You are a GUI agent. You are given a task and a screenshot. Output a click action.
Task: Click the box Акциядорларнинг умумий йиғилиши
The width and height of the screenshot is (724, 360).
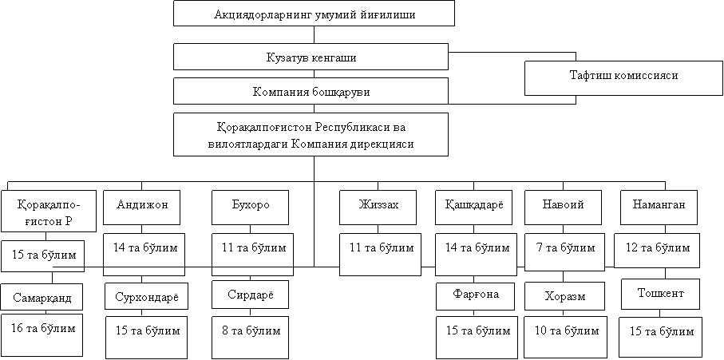pyautogui.click(x=315, y=14)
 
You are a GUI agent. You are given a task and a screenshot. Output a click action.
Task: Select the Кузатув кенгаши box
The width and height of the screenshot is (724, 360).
pyautogui.click(x=311, y=57)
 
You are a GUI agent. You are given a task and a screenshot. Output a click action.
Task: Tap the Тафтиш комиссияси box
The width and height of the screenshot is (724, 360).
pyautogui.click(x=623, y=75)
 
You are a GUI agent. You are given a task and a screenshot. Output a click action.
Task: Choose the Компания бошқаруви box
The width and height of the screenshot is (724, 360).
pyautogui.click(x=311, y=91)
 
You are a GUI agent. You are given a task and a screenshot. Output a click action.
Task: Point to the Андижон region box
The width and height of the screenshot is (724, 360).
pyautogui.click(x=142, y=208)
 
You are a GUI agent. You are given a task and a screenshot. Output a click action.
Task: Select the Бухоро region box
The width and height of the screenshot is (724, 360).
pyautogui.click(x=251, y=208)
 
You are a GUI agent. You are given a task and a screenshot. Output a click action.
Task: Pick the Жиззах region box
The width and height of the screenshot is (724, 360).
pyautogui.click(x=378, y=208)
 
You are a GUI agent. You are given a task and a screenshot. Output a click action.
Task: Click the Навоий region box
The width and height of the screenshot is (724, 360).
pyautogui.click(x=564, y=208)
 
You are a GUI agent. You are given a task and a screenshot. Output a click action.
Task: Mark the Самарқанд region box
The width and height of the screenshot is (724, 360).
pyautogui.click(x=42, y=296)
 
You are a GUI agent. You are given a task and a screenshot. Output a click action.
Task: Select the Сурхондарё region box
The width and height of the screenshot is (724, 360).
pyautogui.click(x=146, y=296)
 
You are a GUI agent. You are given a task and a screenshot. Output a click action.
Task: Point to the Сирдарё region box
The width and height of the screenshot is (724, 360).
pyautogui.click(x=251, y=295)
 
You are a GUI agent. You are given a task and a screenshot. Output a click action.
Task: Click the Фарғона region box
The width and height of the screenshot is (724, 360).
pyautogui.click(x=475, y=296)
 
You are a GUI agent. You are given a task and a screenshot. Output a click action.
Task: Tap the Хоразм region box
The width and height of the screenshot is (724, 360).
pyautogui.click(x=564, y=296)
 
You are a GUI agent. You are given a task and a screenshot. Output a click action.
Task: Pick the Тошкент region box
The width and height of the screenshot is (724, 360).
pyautogui.click(x=660, y=294)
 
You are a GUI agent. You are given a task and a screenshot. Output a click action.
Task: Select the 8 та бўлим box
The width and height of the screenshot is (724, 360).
pyautogui.click(x=251, y=337)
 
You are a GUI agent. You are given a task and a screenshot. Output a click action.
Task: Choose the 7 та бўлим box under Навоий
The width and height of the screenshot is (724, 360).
pyautogui.click(x=564, y=252)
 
